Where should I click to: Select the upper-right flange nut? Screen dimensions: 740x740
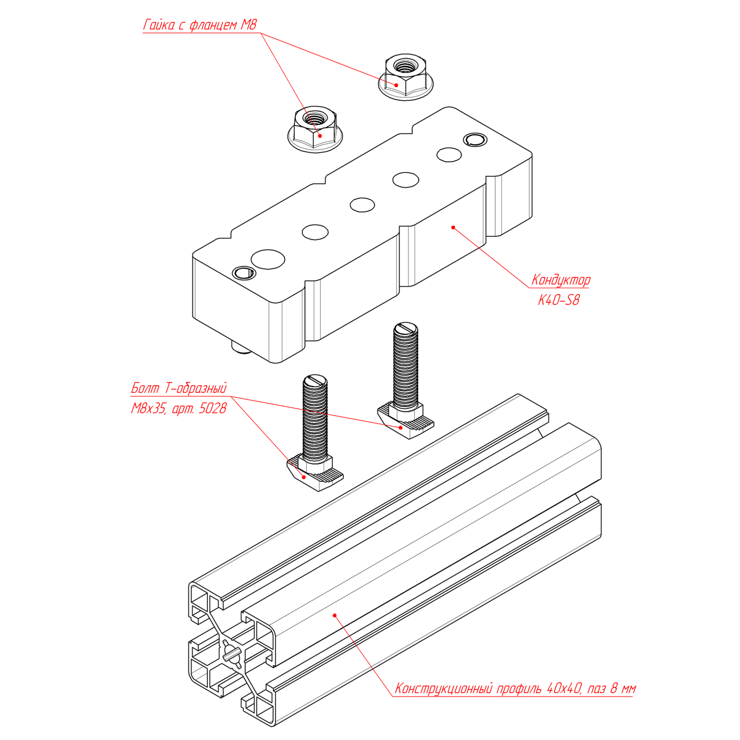(405, 76)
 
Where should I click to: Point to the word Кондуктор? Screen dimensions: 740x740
(560, 280)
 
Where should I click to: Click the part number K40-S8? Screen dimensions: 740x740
(558, 300)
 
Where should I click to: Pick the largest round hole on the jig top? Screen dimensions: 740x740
(268, 259)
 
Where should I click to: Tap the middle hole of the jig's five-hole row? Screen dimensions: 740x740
(362, 205)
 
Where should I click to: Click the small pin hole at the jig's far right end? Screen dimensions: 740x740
(475, 140)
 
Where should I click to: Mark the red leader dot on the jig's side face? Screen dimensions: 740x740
(453, 227)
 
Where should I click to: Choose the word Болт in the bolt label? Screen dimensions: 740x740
(145, 388)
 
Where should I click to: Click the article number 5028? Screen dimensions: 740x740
(212, 408)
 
